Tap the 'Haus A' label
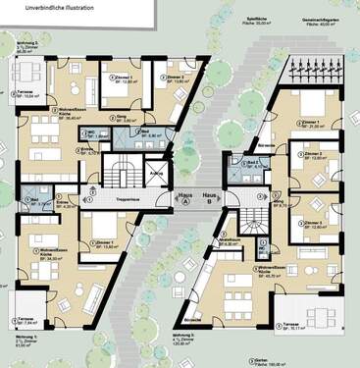click(x=183, y=196)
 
